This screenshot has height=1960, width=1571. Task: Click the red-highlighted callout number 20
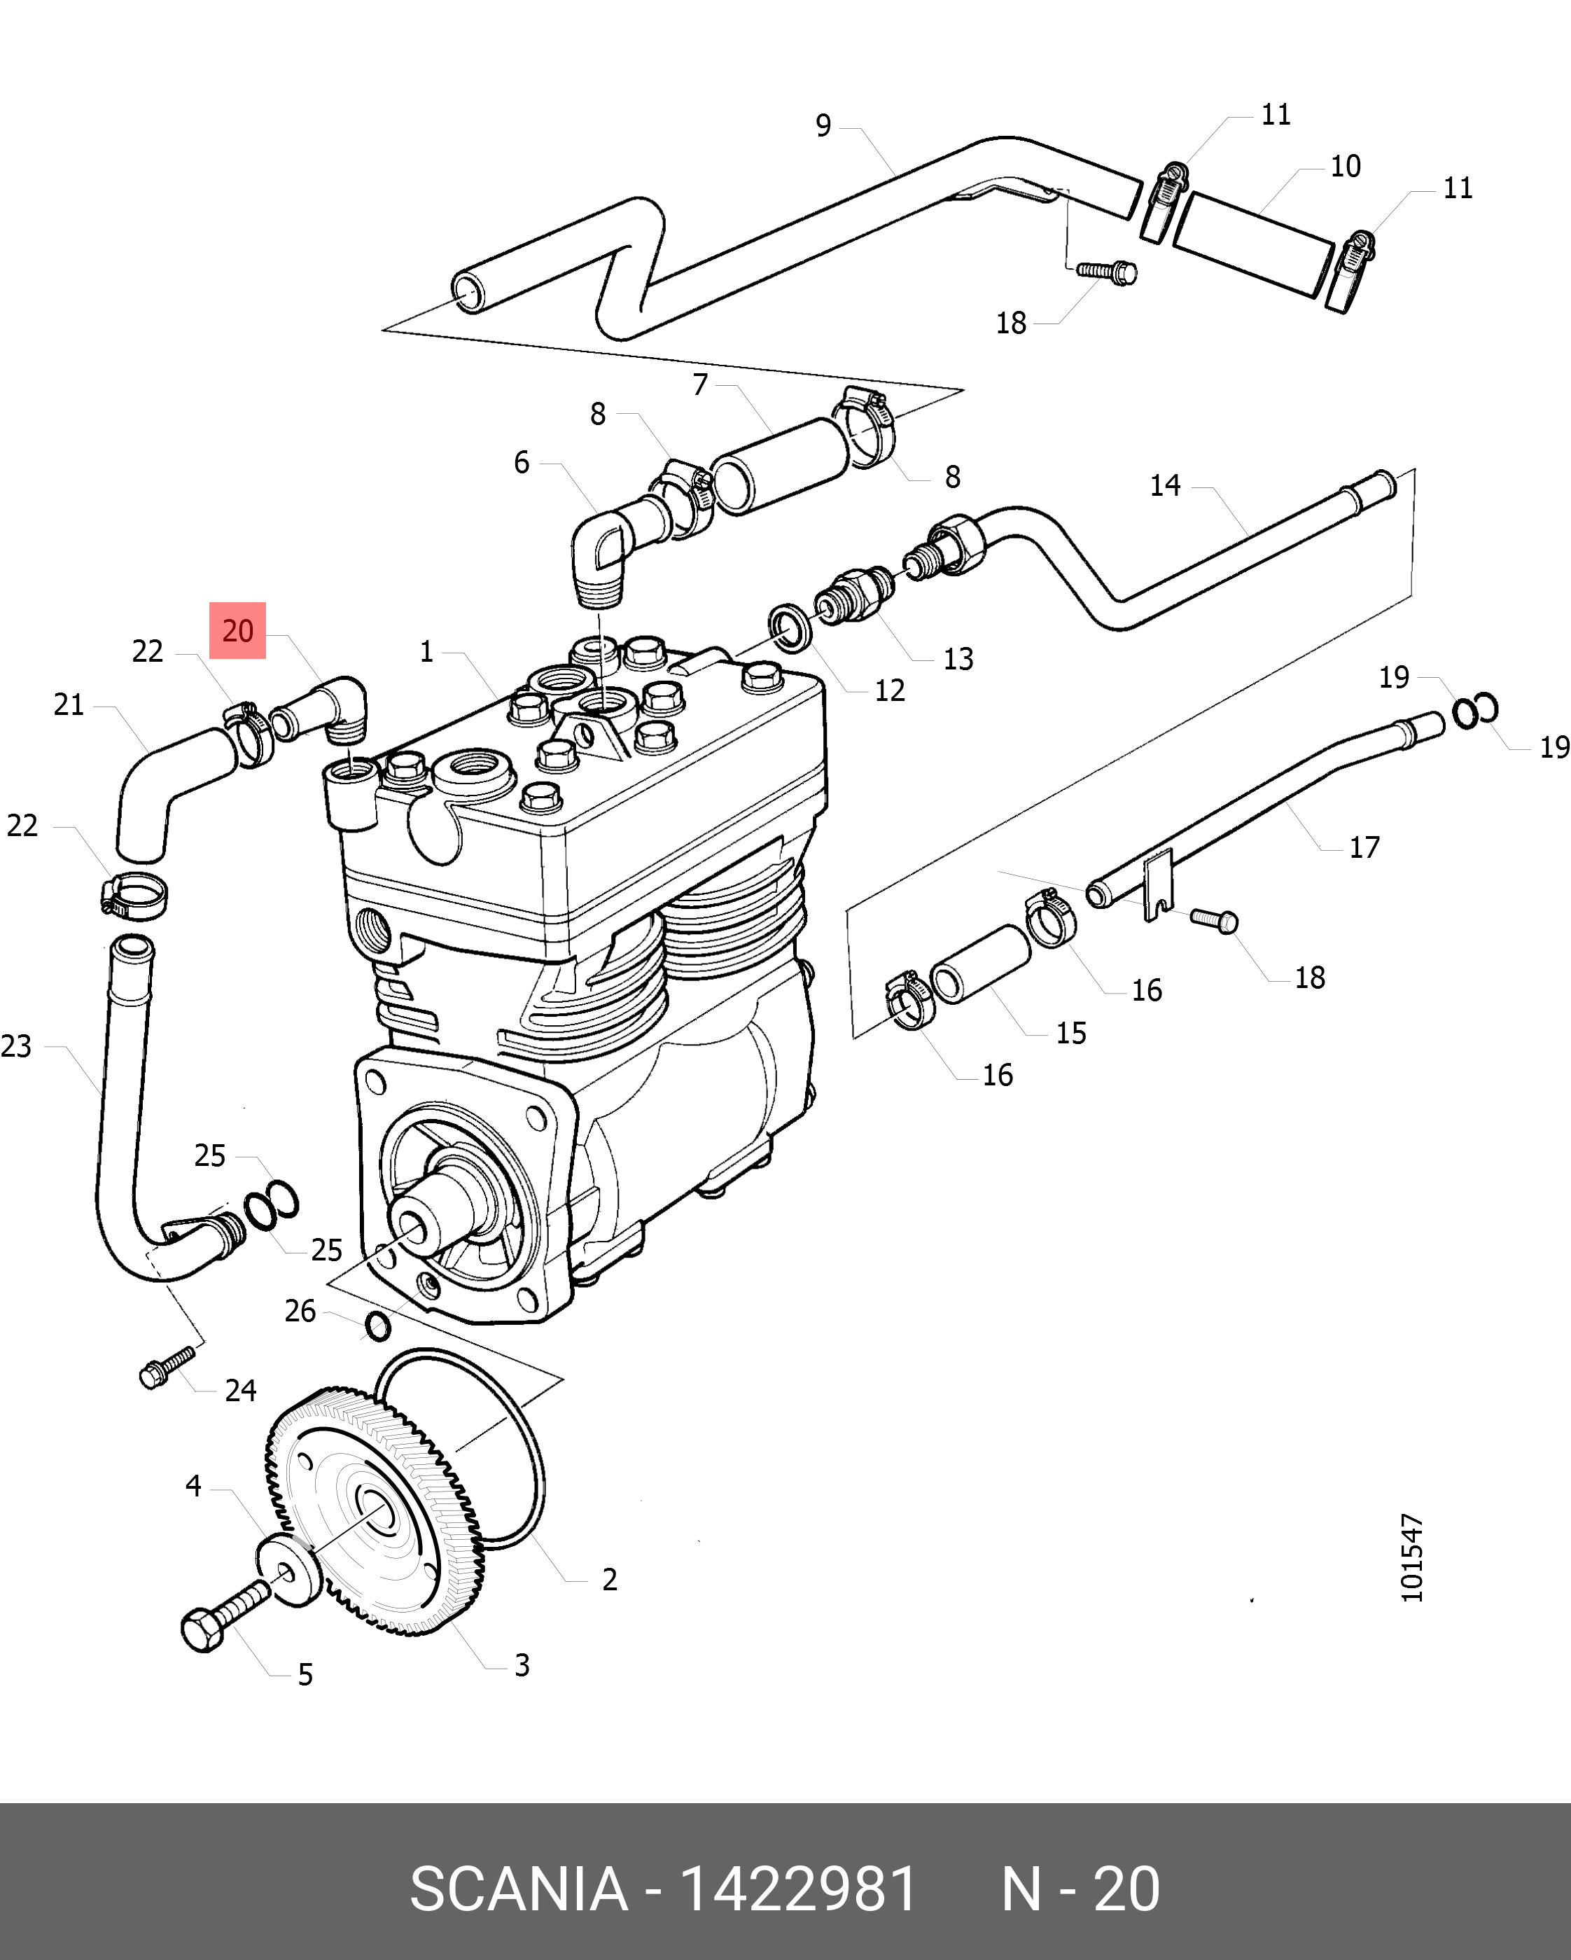tap(237, 630)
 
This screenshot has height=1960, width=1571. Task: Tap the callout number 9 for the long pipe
tap(823, 125)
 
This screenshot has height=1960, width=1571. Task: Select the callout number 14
tap(1165, 485)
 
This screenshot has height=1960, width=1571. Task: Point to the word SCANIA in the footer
tap(518, 1890)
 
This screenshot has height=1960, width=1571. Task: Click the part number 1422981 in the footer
tap(798, 1890)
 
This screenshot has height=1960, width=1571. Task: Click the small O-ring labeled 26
tap(377, 1326)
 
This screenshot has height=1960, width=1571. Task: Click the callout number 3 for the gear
tap(522, 1664)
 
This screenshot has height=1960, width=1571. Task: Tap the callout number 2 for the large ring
tap(610, 1579)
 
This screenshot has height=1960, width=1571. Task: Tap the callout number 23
tap(16, 1046)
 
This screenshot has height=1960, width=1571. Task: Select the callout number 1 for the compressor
tap(426, 652)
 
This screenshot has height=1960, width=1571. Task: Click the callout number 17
tap(1364, 847)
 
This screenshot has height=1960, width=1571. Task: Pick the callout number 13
tap(958, 659)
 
